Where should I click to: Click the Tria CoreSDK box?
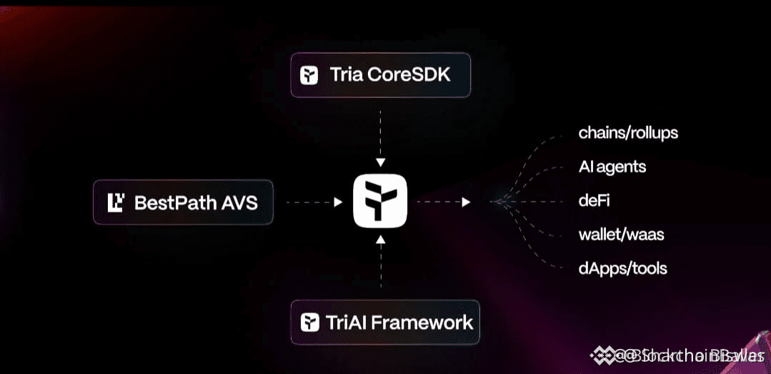pyautogui.click(x=380, y=74)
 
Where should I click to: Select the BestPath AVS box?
pyautogui.click(x=183, y=202)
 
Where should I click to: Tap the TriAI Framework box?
pyautogui.click(x=384, y=322)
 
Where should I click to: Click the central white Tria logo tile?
pyautogui.click(x=380, y=202)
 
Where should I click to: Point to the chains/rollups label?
pyautogui.click(x=628, y=133)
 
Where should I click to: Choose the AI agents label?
pyautogui.click(x=612, y=167)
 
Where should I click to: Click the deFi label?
pyautogui.click(x=595, y=201)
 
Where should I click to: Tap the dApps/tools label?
pyautogui.click(x=622, y=269)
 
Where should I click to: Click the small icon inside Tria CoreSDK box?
pyautogui.click(x=309, y=75)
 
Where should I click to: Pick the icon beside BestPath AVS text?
pyautogui.click(x=116, y=203)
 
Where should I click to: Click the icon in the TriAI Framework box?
pyautogui.click(x=309, y=323)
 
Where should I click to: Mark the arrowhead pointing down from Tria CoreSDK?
pyautogui.click(x=380, y=162)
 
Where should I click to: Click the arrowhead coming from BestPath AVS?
pyautogui.click(x=338, y=202)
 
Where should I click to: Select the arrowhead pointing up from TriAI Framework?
pyautogui.click(x=380, y=243)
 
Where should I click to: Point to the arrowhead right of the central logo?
pyautogui.click(x=466, y=202)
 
